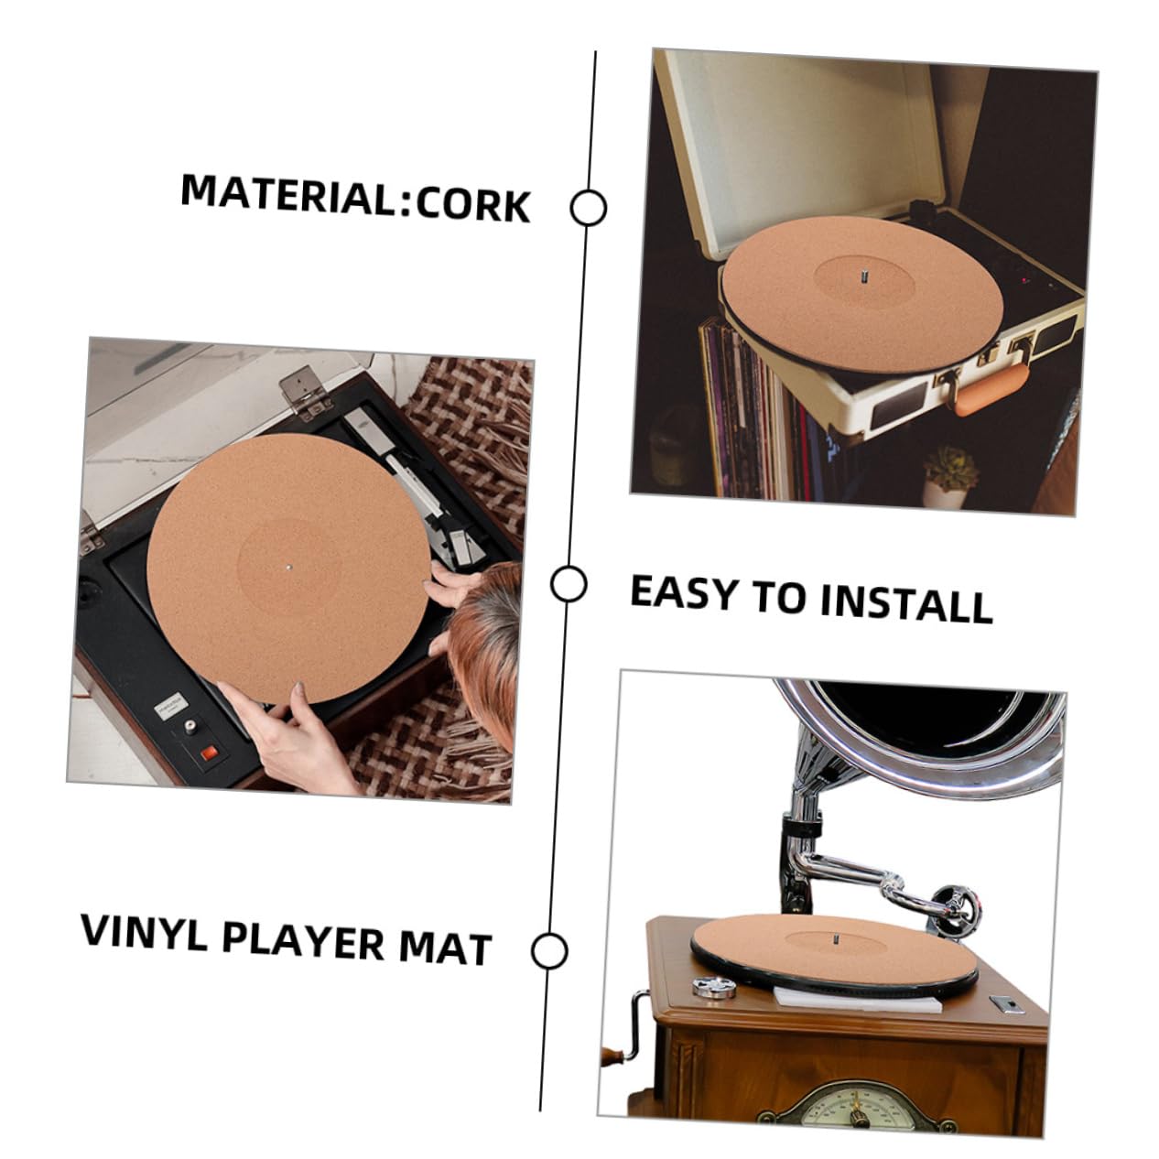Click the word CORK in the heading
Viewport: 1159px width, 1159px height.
[x=473, y=205]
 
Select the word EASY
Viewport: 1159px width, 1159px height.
[x=685, y=594]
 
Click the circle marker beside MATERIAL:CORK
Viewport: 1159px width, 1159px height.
[x=588, y=208]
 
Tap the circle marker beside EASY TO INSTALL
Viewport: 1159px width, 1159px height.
[x=569, y=583]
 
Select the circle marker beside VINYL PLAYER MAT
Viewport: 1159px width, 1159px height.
[x=549, y=951]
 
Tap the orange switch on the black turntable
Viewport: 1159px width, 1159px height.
[x=210, y=753]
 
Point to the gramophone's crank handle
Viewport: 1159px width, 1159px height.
[x=625, y=1036]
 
